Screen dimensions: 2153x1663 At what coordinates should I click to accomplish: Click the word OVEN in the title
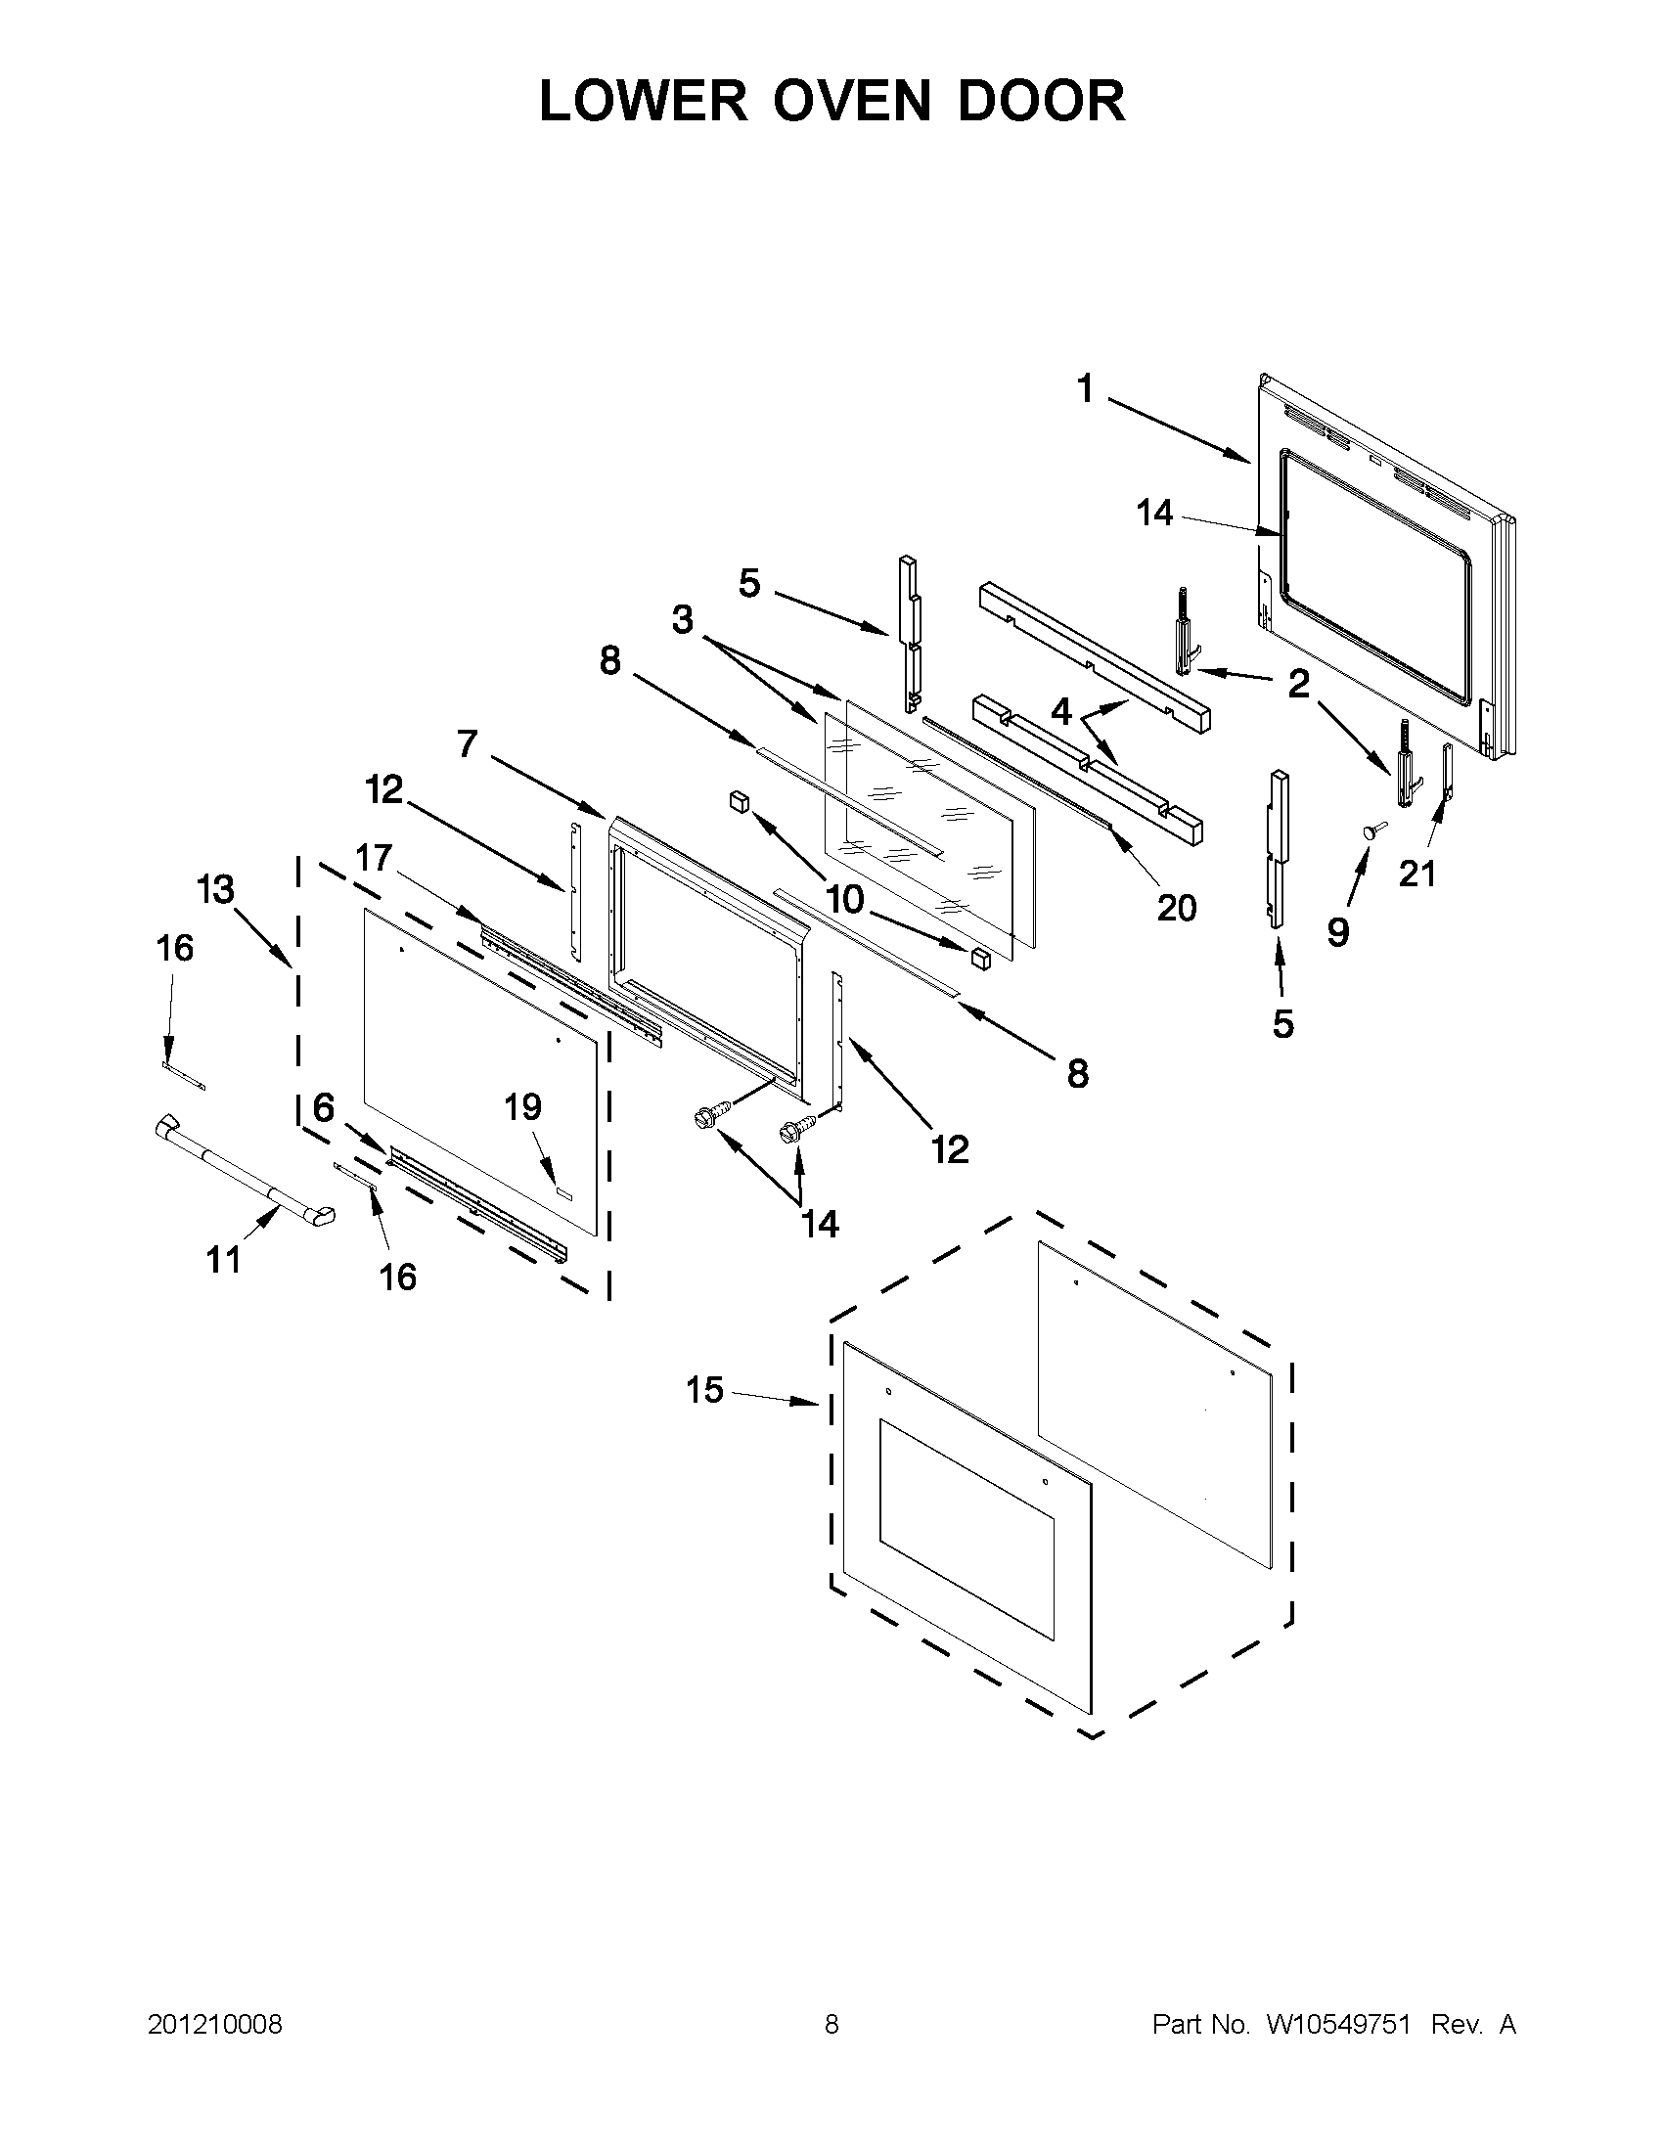pyautogui.click(x=851, y=102)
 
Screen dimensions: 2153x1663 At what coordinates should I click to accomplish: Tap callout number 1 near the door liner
pyautogui.click(x=1085, y=389)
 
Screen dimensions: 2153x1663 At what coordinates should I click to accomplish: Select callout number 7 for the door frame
pyautogui.click(x=468, y=743)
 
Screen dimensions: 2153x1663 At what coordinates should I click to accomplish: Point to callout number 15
pyautogui.click(x=705, y=1390)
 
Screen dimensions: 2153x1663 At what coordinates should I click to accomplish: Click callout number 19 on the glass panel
pyautogui.click(x=523, y=1107)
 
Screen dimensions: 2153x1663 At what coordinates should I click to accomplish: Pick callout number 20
pyautogui.click(x=1177, y=907)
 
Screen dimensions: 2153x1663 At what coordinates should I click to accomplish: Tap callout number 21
pyautogui.click(x=1417, y=873)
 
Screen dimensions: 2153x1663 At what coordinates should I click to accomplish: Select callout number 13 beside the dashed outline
pyautogui.click(x=215, y=889)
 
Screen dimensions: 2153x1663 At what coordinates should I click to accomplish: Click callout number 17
pyautogui.click(x=374, y=858)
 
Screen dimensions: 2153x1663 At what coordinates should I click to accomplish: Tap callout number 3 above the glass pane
pyautogui.click(x=682, y=621)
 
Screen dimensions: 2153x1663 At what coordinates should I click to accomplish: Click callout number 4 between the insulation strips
pyautogui.click(x=1060, y=710)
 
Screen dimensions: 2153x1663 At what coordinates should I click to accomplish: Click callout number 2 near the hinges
pyautogui.click(x=1299, y=682)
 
